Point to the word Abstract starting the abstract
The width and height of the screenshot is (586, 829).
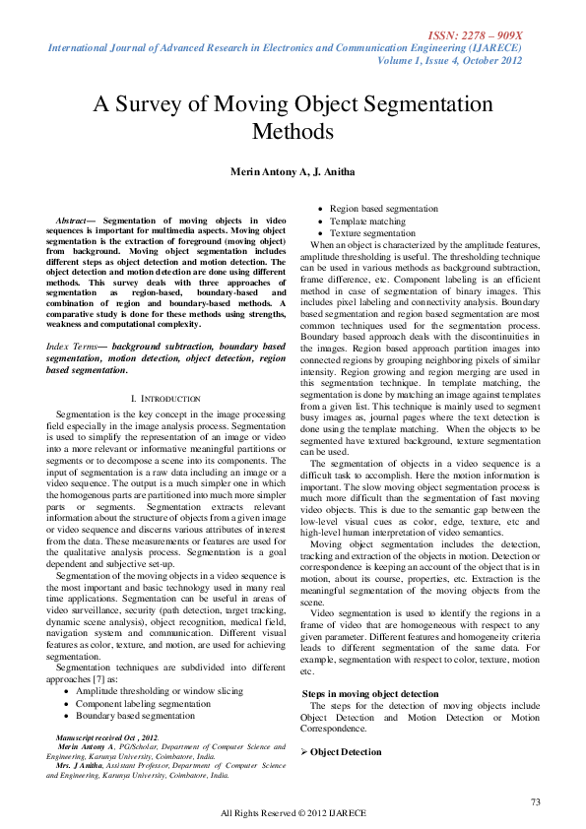pyautogui.click(x=72, y=221)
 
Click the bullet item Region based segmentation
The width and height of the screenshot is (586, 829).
pyautogui.click(x=384, y=209)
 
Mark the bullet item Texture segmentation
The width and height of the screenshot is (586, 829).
pyautogui.click(x=372, y=233)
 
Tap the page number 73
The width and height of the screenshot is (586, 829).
pyautogui.click(x=536, y=801)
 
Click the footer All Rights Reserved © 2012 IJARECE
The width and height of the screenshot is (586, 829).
pyautogui.click(x=293, y=813)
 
